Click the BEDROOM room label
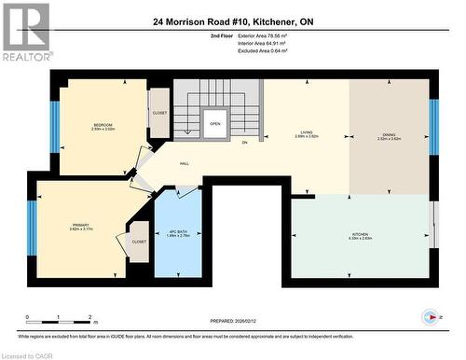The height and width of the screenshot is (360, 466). pyautogui.click(x=103, y=126)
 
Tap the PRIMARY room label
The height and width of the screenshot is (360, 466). pyautogui.click(x=80, y=226)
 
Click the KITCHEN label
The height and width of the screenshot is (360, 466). pyautogui.click(x=362, y=235)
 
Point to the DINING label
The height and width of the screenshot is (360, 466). pyautogui.click(x=389, y=134)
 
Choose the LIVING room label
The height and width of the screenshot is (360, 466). pyautogui.click(x=307, y=134)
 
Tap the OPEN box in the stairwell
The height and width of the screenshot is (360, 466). pyautogui.click(x=214, y=122)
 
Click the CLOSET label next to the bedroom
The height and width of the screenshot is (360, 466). pyautogui.click(x=159, y=112)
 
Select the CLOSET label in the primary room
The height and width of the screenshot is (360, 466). pyautogui.click(x=139, y=241)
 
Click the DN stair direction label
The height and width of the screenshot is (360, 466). pyautogui.click(x=244, y=143)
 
